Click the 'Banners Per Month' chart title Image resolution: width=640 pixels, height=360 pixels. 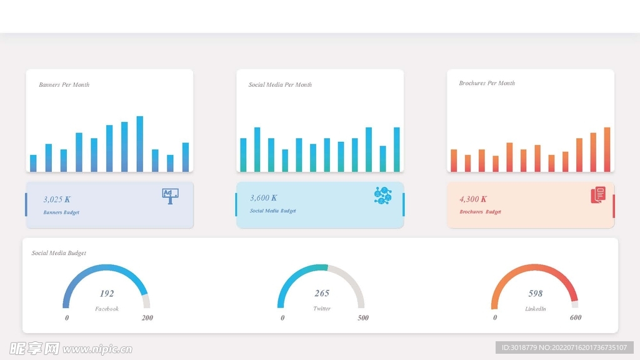[x=64, y=85]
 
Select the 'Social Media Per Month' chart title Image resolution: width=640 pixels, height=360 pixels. [x=280, y=85]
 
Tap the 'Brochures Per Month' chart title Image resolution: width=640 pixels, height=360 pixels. [x=487, y=83]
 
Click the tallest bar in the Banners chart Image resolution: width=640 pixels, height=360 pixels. [x=139, y=144]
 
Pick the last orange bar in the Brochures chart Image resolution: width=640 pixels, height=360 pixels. [x=606, y=149]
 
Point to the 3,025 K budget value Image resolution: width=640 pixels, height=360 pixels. [x=57, y=199]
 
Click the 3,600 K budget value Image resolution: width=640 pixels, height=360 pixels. [x=264, y=198]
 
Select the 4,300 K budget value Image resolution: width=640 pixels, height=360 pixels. [x=473, y=199]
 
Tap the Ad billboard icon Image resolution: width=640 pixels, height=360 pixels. [x=170, y=196]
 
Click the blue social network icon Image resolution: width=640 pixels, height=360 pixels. [x=382, y=196]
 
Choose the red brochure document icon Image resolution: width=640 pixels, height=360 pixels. [x=598, y=195]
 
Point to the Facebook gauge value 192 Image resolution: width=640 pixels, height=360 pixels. [x=107, y=294]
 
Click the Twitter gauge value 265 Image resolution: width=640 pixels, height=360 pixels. [x=322, y=293]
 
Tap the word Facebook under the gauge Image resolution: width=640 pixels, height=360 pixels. [x=107, y=309]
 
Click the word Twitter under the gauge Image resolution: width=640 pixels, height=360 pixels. [x=322, y=309]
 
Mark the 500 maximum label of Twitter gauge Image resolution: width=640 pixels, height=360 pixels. [x=363, y=318]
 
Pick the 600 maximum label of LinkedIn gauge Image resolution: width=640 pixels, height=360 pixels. [x=576, y=317]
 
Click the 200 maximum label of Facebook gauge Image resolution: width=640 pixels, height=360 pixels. [x=147, y=318]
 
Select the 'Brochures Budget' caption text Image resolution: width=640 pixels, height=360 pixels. [x=480, y=212]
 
